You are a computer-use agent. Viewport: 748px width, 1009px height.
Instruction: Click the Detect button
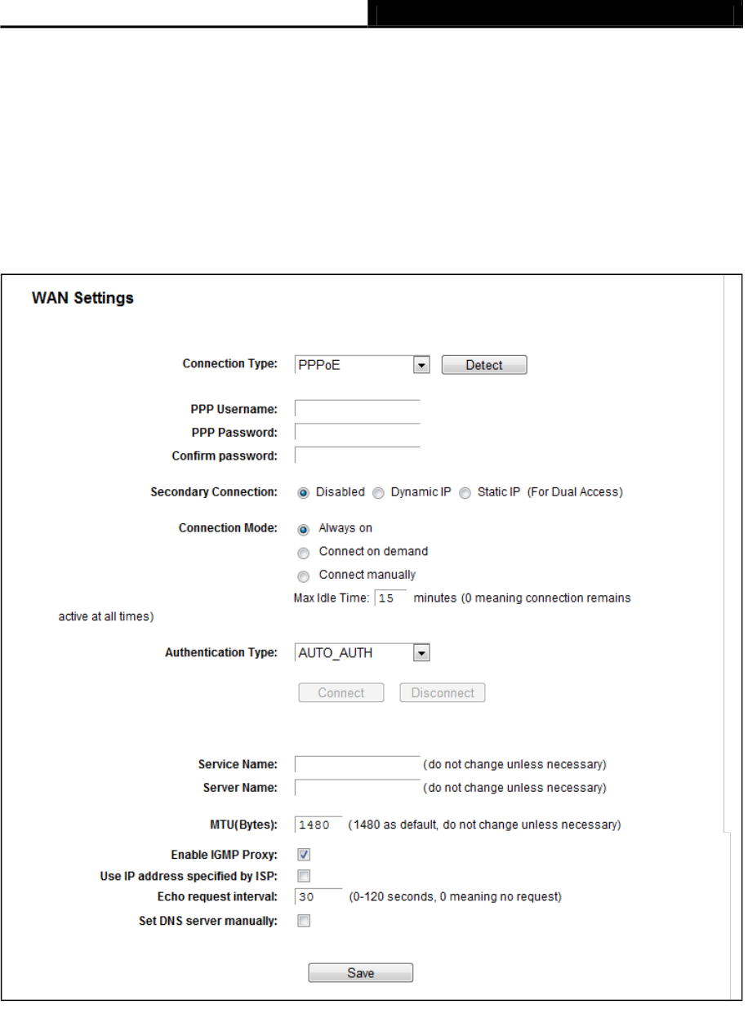pyautogui.click(x=484, y=365)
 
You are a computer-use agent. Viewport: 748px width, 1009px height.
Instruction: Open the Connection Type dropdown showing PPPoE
pyautogui.click(x=362, y=365)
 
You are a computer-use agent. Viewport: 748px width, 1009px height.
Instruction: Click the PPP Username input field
pyautogui.click(x=357, y=408)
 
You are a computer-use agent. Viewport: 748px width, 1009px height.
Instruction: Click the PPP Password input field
pyautogui.click(x=357, y=432)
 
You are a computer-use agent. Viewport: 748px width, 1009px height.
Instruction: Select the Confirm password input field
pyautogui.click(x=357, y=456)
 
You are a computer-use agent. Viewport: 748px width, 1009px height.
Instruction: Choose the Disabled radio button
pyautogui.click(x=304, y=493)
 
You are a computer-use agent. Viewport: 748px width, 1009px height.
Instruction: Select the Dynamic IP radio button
pyautogui.click(x=378, y=493)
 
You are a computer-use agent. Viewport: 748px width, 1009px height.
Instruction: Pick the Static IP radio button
pyautogui.click(x=465, y=493)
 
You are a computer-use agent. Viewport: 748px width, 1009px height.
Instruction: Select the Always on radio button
pyautogui.click(x=304, y=529)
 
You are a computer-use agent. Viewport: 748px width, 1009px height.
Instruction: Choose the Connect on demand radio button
pyautogui.click(x=304, y=552)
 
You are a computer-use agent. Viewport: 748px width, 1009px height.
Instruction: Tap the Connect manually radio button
pyautogui.click(x=304, y=575)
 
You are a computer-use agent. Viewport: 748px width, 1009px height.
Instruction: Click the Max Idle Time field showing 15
pyautogui.click(x=390, y=598)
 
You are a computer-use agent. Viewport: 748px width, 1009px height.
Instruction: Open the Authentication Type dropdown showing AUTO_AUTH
pyautogui.click(x=362, y=653)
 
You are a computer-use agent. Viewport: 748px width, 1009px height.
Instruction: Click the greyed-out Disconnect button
pyautogui.click(x=442, y=693)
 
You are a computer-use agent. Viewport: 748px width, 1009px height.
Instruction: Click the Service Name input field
pyautogui.click(x=357, y=765)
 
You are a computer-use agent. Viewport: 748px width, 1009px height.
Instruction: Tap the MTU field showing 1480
pyautogui.click(x=318, y=825)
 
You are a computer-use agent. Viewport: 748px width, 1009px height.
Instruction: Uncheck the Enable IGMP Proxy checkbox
pyautogui.click(x=304, y=855)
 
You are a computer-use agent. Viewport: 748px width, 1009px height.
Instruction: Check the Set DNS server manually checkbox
pyautogui.click(x=304, y=921)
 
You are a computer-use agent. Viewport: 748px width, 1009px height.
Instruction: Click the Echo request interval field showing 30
pyautogui.click(x=318, y=897)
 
